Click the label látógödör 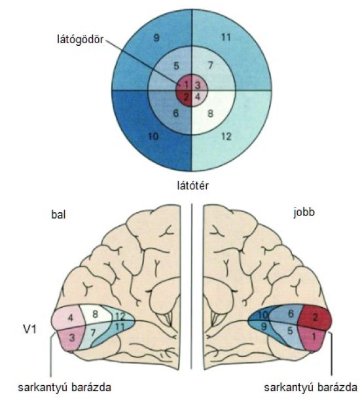point(80,40)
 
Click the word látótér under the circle point(192,186)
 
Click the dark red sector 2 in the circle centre point(185,98)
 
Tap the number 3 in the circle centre point(198,85)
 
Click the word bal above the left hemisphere point(58,214)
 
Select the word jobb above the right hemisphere point(304,212)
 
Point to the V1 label point(30,329)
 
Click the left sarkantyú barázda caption point(64,387)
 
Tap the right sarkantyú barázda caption point(310,387)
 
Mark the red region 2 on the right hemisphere point(315,317)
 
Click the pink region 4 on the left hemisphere point(69,318)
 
